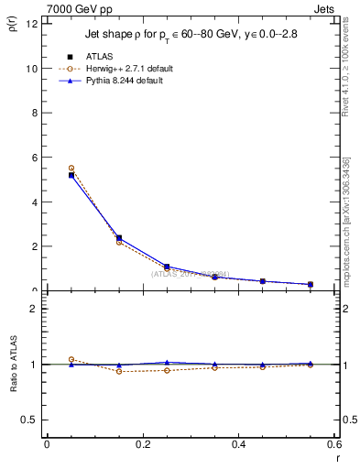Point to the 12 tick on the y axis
[31, 24]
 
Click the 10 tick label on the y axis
[31, 69]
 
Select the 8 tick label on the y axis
[34, 114]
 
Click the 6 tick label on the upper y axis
[34, 158]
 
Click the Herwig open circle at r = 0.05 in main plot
[71, 169]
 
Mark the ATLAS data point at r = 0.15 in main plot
[119, 238]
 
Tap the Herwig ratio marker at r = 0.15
[119, 371]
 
